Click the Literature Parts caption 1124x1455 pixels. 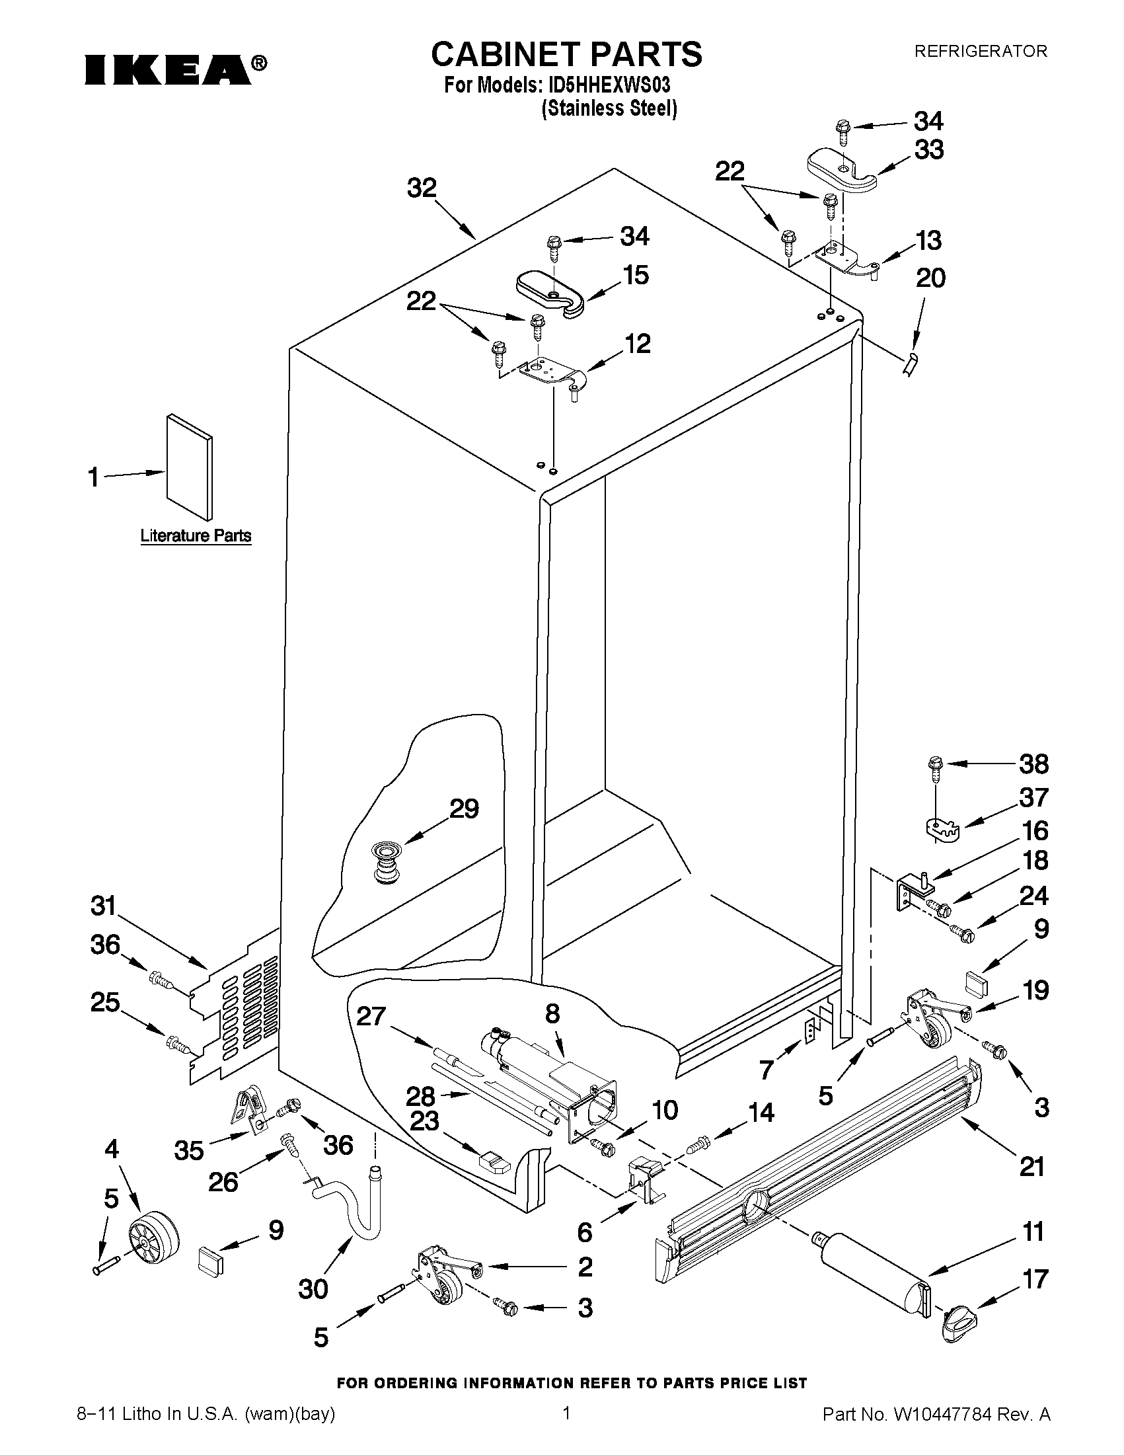pos(196,535)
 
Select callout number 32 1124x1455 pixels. pos(422,188)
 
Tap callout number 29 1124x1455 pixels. pos(464,808)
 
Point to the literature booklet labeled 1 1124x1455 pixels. pos(190,467)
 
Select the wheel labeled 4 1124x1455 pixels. pos(154,1238)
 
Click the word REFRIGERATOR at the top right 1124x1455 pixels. pos(980,52)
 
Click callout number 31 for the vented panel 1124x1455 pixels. pos(103,906)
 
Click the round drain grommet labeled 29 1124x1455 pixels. pos(383,861)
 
